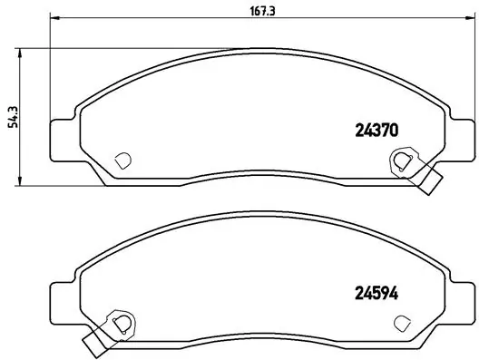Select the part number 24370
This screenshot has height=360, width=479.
(x=374, y=130)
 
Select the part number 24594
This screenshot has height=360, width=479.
(x=374, y=293)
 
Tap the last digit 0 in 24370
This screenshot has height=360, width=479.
(x=395, y=130)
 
